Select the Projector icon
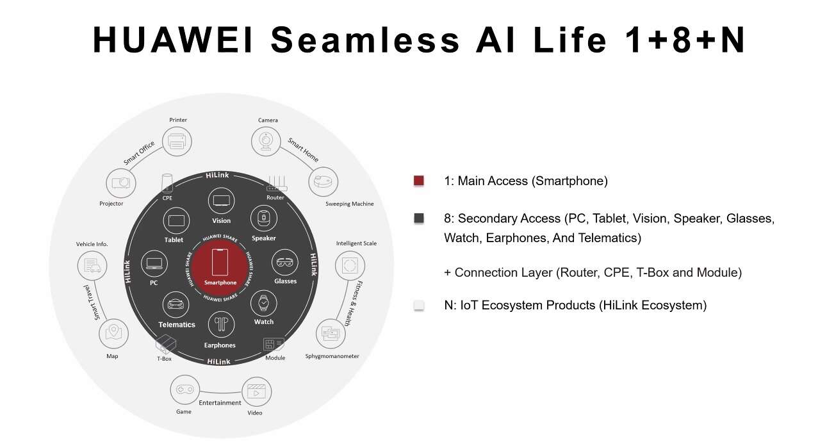point(121,183)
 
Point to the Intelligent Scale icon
point(350,265)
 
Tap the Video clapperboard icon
point(256,391)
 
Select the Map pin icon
point(114,333)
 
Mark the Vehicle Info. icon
point(92,265)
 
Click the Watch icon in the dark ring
point(263,302)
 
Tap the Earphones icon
point(220,325)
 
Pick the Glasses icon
point(285,263)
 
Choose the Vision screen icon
point(221,201)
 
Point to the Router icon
point(275,184)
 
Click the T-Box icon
point(165,344)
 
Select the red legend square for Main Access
point(419,181)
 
